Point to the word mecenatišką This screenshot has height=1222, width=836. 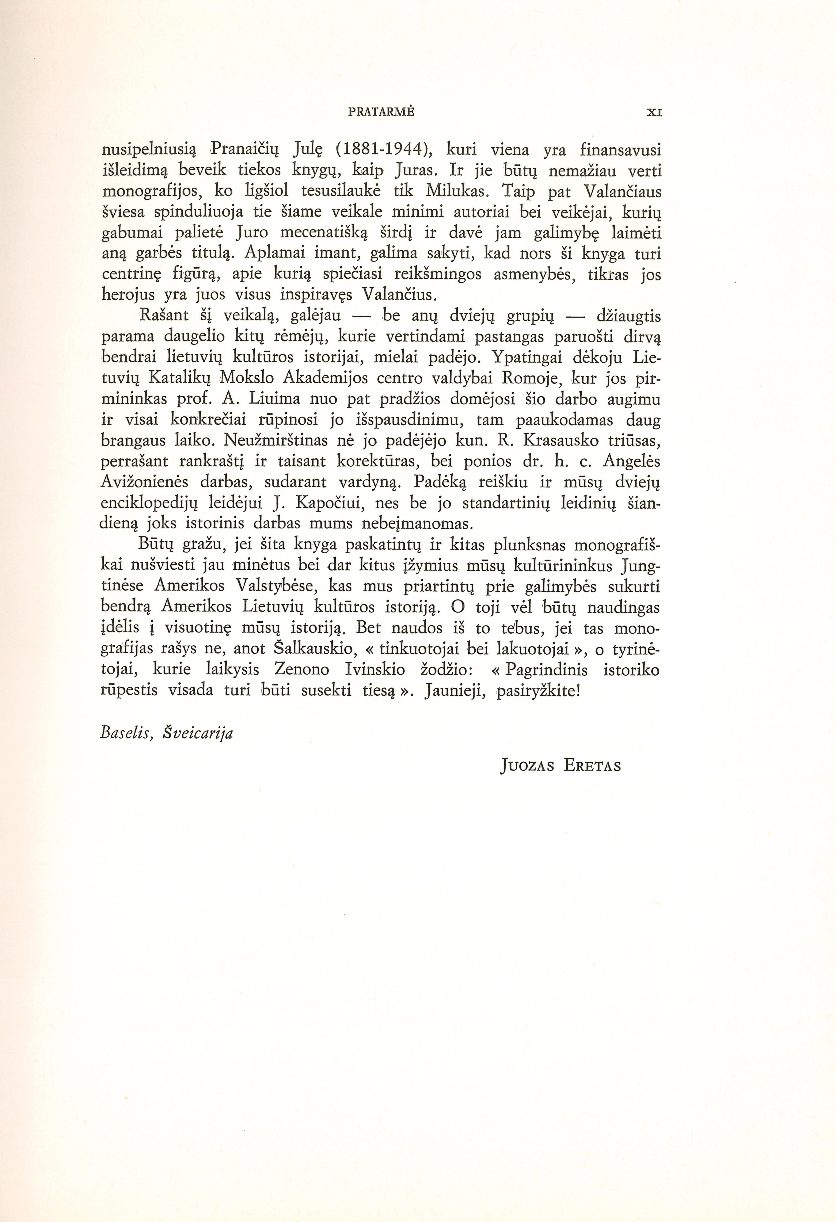pyautogui.click(x=315, y=233)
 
